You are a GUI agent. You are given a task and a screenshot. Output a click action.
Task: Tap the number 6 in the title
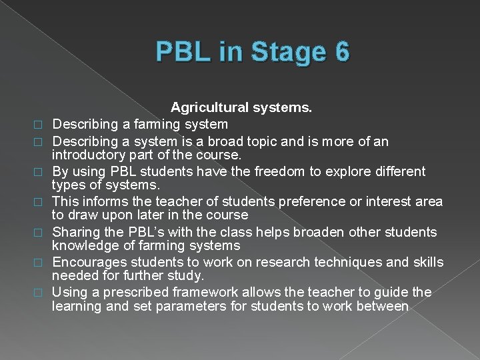pos(339,52)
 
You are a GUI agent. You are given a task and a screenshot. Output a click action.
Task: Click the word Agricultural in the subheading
pos(211,107)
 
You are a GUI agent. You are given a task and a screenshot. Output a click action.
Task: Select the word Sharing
pos(75,231)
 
